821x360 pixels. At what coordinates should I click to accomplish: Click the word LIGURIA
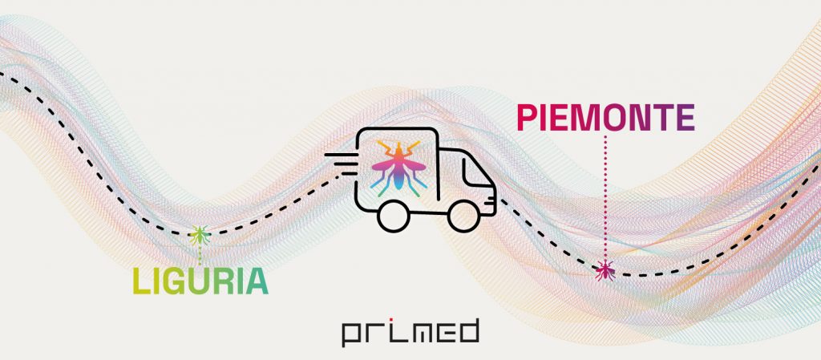point(200,281)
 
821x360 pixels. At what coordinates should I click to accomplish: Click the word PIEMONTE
point(605,118)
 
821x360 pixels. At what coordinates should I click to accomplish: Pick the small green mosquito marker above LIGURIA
point(199,235)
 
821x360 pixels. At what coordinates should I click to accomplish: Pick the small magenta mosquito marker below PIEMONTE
point(605,270)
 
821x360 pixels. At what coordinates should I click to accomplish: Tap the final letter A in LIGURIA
point(255,281)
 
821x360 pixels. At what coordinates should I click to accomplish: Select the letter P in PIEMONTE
point(527,118)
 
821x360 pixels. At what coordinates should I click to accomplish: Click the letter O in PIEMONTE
point(615,118)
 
